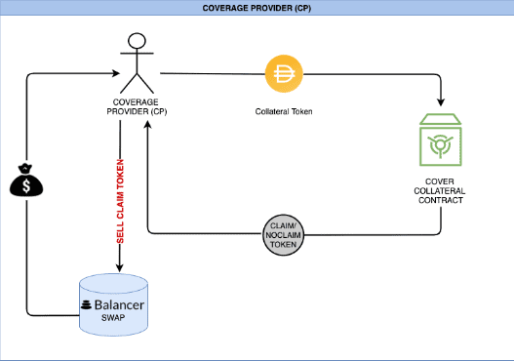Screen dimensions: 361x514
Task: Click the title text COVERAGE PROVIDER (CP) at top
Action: tap(257, 8)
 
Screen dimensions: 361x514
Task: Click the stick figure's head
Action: tap(138, 41)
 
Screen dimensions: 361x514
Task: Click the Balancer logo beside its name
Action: tap(86, 304)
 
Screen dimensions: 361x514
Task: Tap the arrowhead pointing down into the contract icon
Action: tap(441, 103)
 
